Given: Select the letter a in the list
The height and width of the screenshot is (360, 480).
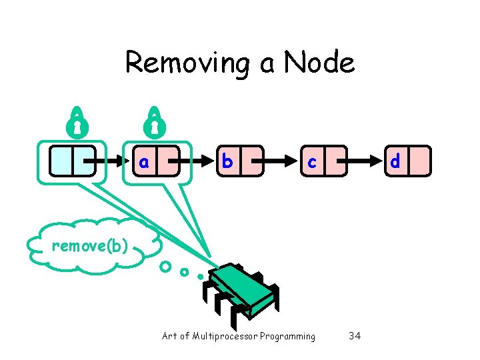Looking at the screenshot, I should [x=143, y=161].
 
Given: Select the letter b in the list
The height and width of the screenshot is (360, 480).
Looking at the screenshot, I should [x=227, y=161].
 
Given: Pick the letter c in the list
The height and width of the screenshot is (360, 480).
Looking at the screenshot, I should [x=311, y=161].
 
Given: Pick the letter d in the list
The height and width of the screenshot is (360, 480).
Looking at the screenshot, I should [x=395, y=161].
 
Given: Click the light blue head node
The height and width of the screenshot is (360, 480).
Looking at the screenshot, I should [x=73, y=161].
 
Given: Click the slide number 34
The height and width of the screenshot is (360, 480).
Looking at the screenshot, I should [x=355, y=336].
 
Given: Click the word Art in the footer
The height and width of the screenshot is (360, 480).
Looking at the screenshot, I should [x=169, y=336].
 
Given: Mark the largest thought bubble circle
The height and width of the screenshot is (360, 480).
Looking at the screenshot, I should [x=165, y=267].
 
